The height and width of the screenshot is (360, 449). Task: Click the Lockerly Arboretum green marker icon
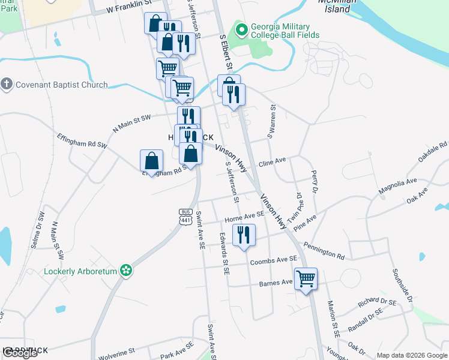point(126,271)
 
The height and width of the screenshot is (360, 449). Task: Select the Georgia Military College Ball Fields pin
point(241,29)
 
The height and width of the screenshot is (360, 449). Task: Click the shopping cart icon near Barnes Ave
point(306,278)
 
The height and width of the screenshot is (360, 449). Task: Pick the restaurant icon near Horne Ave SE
point(243,235)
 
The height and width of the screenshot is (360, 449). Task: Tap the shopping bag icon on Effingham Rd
point(152,161)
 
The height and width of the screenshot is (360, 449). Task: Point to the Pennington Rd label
point(324,251)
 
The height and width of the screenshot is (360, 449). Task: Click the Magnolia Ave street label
point(397,185)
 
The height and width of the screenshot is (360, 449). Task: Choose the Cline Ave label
point(272,162)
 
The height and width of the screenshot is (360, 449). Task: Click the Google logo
point(20,353)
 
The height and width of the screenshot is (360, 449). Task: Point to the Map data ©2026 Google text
point(411,355)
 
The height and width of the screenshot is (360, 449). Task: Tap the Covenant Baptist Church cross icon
point(7,85)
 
